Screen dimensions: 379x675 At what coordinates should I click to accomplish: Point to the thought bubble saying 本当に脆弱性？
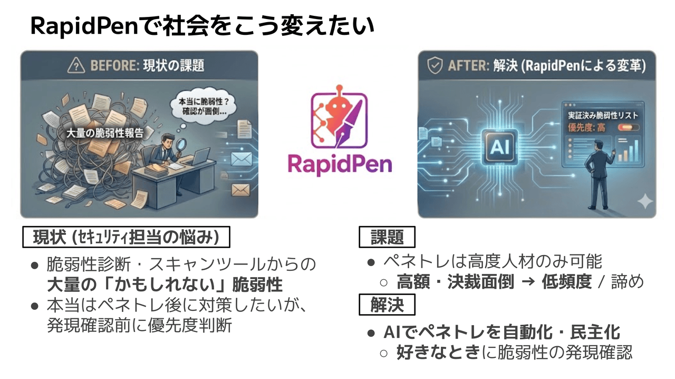[x=203, y=105]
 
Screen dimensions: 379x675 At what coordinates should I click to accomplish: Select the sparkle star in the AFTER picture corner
[x=644, y=202]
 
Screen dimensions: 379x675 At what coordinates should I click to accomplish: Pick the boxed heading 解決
[x=387, y=305]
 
